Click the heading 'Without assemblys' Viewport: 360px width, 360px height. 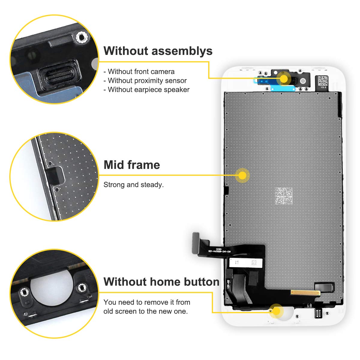click(x=158, y=51)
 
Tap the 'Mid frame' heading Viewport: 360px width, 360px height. click(x=132, y=165)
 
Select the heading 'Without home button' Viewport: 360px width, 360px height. click(x=161, y=282)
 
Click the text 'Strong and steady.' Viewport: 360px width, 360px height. click(x=133, y=185)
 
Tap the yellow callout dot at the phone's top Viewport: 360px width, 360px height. click(x=284, y=79)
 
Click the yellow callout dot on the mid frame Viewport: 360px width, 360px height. click(x=242, y=175)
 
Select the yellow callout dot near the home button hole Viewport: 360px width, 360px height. click(x=276, y=311)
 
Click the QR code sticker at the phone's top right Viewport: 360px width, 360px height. click(x=323, y=81)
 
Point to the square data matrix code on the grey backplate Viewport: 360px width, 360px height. click(x=283, y=196)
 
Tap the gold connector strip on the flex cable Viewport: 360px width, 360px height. click(x=304, y=292)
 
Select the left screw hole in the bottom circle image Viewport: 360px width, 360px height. click(x=23, y=291)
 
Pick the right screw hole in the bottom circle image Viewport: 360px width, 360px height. click(x=81, y=288)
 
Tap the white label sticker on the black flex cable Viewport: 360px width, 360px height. click(x=245, y=263)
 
